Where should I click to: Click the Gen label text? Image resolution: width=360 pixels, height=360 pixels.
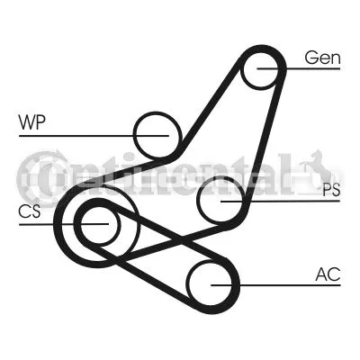(323, 58)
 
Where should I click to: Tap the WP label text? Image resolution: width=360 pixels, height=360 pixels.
(32, 122)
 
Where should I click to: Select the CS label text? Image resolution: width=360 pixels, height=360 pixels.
(30, 211)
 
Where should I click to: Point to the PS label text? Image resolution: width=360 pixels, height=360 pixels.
(331, 190)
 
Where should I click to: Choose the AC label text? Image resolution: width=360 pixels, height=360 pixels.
(328, 274)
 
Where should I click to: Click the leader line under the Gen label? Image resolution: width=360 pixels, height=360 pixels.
(299, 68)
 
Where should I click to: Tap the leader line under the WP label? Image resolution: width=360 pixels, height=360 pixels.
(94, 136)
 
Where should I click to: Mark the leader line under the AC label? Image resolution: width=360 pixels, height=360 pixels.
(275, 285)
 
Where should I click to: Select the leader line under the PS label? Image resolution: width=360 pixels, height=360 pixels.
(281, 201)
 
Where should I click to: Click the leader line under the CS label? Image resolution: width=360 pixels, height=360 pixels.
(64, 224)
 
